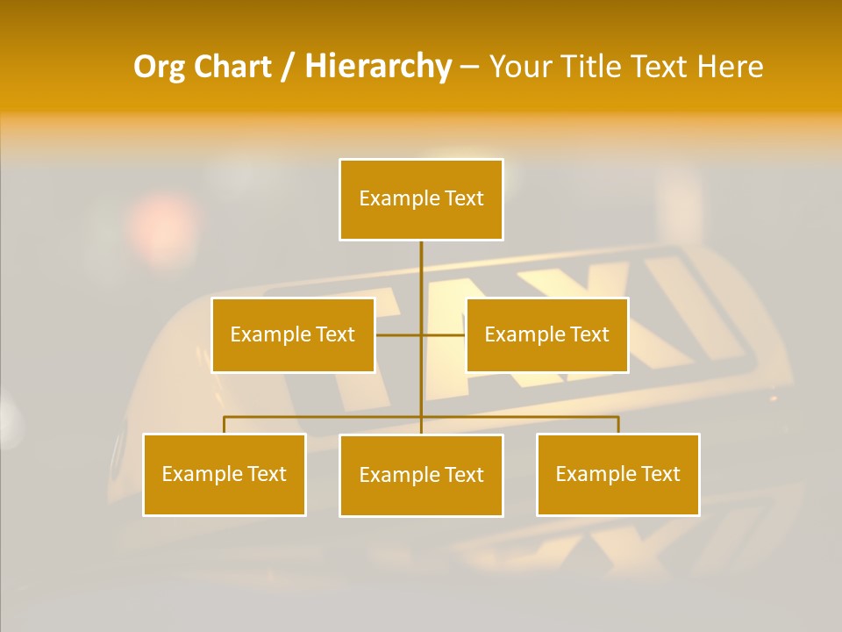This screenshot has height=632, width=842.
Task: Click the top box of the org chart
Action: tap(421, 199)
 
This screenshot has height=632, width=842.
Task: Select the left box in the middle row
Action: tap(293, 334)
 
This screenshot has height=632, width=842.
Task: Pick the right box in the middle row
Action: tap(546, 334)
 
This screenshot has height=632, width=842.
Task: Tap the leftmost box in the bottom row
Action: tap(224, 474)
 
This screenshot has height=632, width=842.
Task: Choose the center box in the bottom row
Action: tap(421, 475)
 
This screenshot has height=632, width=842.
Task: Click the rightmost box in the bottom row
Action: tap(617, 474)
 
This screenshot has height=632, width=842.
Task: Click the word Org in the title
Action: tap(159, 67)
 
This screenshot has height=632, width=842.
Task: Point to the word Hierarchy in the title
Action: tap(377, 67)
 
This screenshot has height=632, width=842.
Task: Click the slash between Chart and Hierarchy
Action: tap(287, 67)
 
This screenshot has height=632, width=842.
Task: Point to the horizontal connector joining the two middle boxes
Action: tap(421, 334)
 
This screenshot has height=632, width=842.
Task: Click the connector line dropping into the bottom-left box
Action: tap(225, 425)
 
